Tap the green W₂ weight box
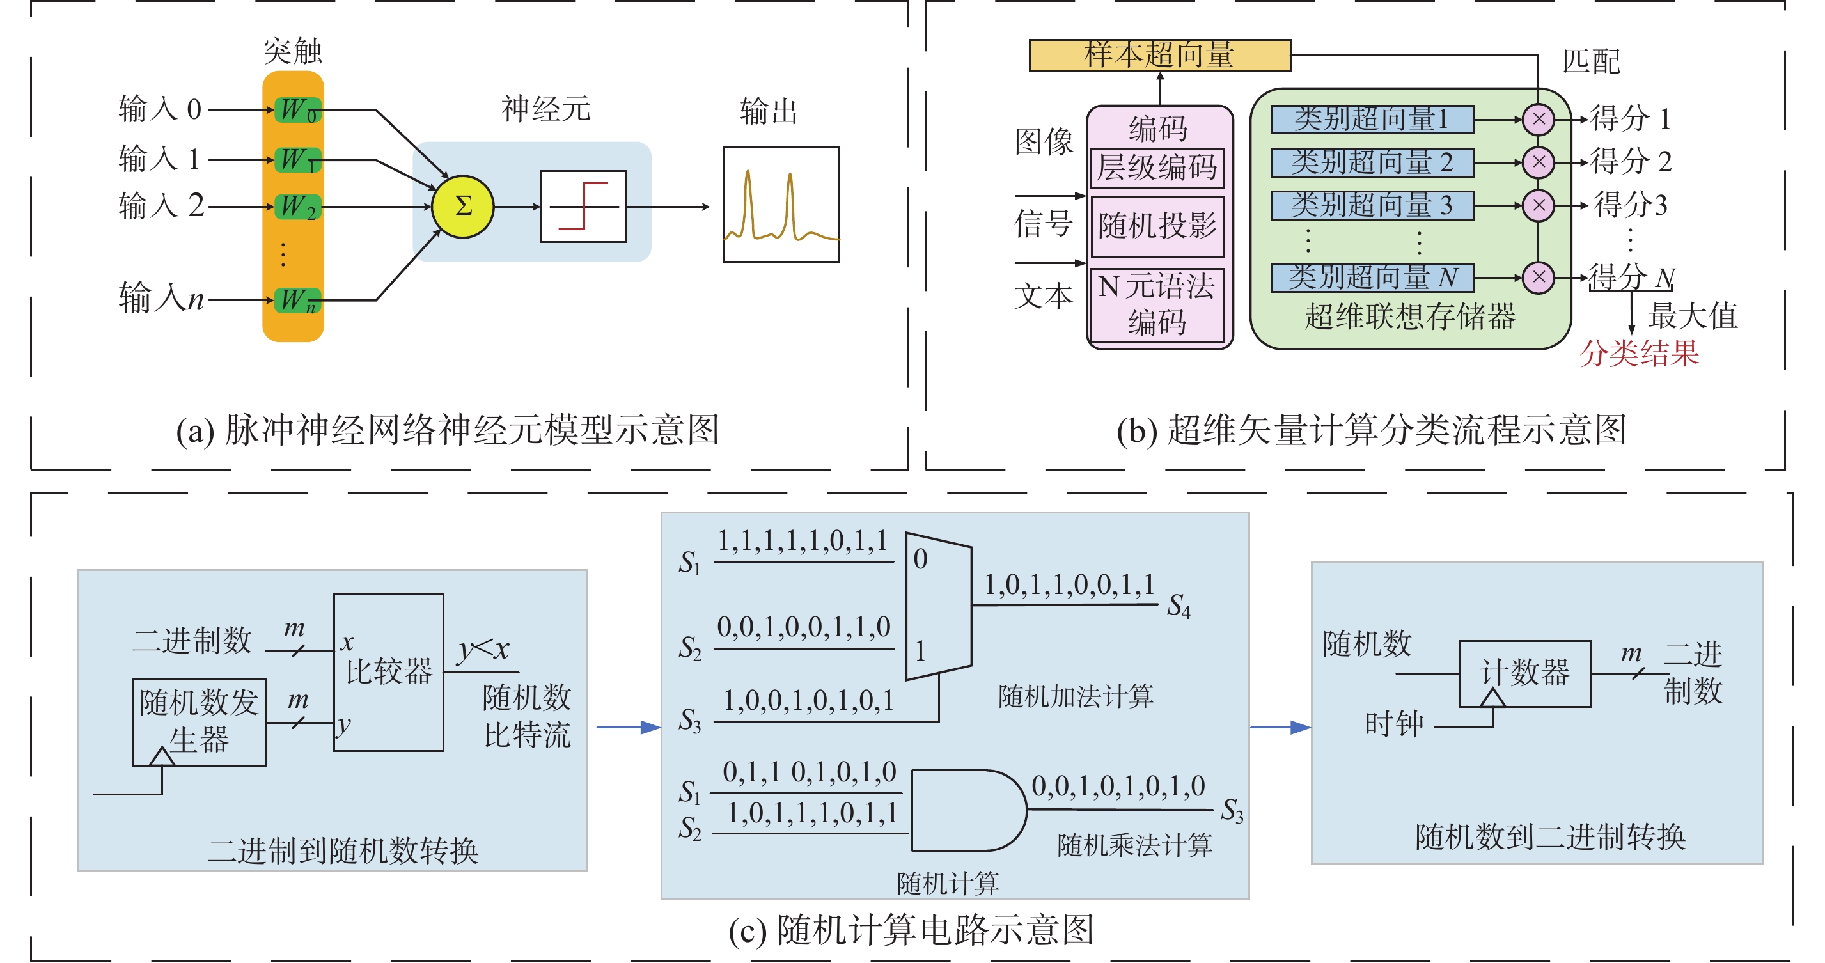(297, 207)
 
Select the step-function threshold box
(583, 206)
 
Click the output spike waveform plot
(781, 204)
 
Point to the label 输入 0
(160, 109)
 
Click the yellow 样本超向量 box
(1159, 55)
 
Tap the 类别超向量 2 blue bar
(1372, 162)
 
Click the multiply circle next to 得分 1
(1538, 119)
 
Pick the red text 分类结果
(1639, 353)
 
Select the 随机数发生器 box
(199, 722)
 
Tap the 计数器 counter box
(1524, 673)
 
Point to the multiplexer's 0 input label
(920, 559)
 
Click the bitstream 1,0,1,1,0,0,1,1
(1069, 585)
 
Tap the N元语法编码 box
(1157, 305)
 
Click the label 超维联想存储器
(1410, 317)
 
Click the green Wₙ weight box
(297, 301)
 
